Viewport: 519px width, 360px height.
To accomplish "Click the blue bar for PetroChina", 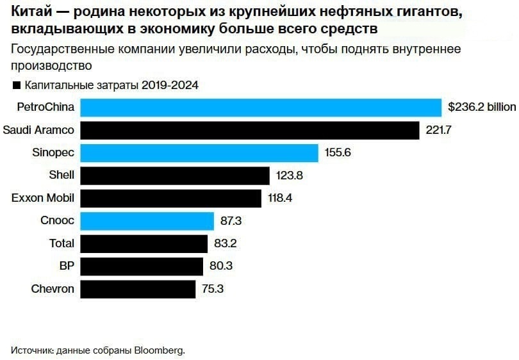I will click(x=261, y=107).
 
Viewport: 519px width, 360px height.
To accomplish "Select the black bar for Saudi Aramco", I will click(x=250, y=130).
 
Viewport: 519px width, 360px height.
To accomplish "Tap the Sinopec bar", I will click(x=199, y=153).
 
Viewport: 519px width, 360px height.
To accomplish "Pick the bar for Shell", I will click(x=175, y=176).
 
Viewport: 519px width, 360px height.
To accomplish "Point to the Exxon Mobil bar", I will click(x=171, y=198).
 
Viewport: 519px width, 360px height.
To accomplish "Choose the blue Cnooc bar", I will click(x=147, y=221).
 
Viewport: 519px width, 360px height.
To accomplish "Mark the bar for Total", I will click(x=145, y=243).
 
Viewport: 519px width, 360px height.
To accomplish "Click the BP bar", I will click(x=142, y=266).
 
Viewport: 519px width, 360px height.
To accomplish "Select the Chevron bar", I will click(x=138, y=289).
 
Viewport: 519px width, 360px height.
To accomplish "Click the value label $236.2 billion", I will click(x=482, y=107).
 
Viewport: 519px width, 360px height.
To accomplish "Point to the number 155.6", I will click(x=338, y=153).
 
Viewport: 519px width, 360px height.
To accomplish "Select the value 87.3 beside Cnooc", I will click(x=231, y=221).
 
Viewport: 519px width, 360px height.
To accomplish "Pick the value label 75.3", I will click(x=212, y=289).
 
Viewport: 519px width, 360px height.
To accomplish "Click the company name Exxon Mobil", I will click(x=43, y=198).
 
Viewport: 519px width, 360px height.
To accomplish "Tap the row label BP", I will click(x=67, y=266).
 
